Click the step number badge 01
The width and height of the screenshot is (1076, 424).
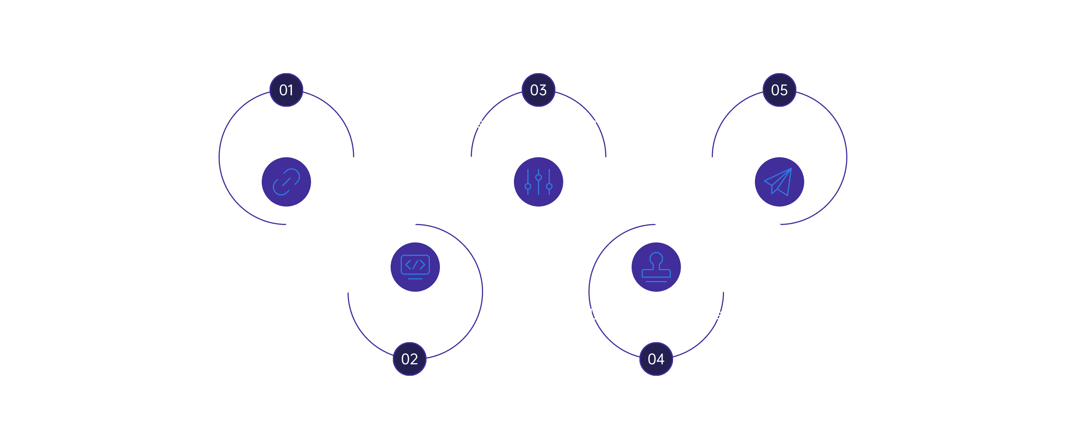click(286, 90)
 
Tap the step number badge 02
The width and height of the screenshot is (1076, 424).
click(409, 359)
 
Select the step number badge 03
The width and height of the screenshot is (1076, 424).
click(538, 90)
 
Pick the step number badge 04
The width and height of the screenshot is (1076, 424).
click(656, 359)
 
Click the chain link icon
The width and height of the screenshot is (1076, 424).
click(286, 182)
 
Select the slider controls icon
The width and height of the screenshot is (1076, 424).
click(538, 182)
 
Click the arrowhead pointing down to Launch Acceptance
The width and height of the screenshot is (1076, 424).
click(656, 222)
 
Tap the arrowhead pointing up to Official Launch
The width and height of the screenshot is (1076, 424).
click(780, 227)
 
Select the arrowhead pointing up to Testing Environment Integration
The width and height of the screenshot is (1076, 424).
click(471, 159)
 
